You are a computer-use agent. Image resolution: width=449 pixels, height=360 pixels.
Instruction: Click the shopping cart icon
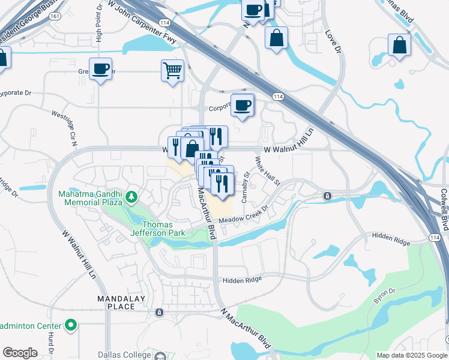[172, 70]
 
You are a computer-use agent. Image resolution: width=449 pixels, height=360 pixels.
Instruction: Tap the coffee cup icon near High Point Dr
[100, 68]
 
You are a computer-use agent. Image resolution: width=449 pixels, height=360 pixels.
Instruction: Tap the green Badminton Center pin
[71, 326]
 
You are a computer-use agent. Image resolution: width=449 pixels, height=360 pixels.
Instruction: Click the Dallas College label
[125, 355]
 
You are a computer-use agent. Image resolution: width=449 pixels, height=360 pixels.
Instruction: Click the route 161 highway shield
[55, 16]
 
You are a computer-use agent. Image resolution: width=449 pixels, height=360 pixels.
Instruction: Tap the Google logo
[20, 353]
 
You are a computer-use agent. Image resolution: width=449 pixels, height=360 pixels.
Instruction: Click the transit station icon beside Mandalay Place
[159, 313]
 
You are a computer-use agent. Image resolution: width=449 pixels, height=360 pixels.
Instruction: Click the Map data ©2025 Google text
[412, 355]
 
